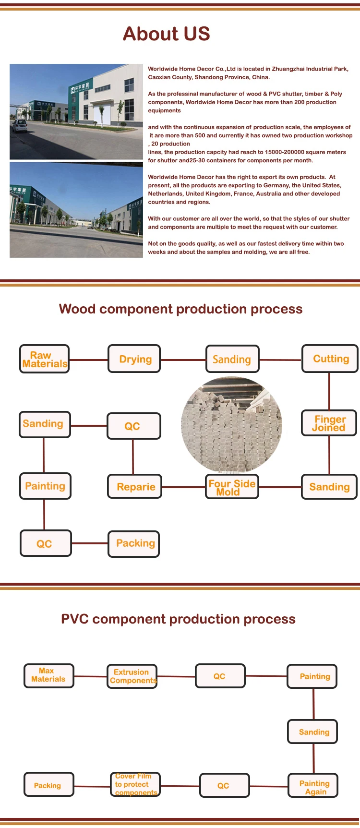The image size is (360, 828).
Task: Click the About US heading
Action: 166,34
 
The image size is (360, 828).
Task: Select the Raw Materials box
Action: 45,359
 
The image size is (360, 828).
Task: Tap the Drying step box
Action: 134,359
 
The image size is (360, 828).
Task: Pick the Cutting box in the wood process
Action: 330,359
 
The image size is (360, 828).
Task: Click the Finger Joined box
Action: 329,423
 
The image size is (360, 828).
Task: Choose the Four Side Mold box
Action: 232,487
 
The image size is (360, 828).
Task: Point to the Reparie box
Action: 135,487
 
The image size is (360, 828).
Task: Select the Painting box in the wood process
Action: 45,486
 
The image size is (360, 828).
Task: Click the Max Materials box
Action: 48,675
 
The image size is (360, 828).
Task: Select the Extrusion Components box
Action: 132,676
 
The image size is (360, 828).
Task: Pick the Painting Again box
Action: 313,786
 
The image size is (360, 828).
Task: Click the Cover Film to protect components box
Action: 135,785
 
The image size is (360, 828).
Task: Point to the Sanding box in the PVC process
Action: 312,732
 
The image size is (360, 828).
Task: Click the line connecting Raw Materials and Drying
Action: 88,360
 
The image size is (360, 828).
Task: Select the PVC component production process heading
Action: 178,619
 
